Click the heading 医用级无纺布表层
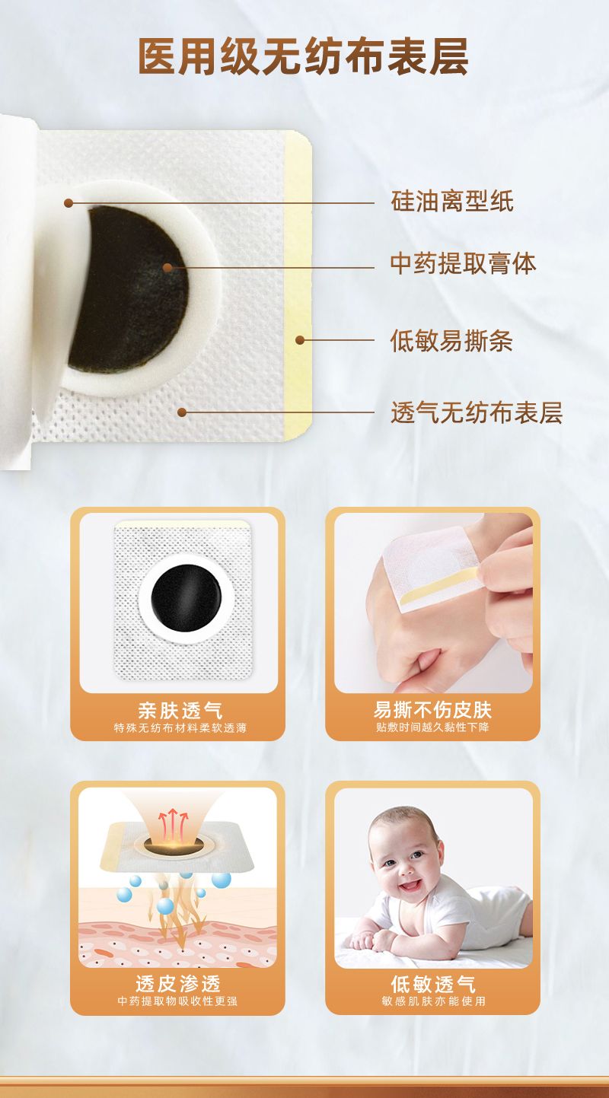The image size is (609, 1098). tap(304, 56)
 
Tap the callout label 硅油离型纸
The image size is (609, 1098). tap(452, 202)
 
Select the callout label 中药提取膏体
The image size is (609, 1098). tap(464, 264)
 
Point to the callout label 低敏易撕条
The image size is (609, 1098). tap(451, 341)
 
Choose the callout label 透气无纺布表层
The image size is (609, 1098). tap(476, 412)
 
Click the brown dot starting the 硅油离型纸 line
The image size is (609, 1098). tap(69, 203)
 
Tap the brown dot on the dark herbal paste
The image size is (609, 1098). tap(167, 268)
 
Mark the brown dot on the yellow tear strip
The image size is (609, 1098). tap(300, 340)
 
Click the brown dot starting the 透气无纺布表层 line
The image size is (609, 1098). tap(182, 412)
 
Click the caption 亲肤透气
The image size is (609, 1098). tap(180, 710)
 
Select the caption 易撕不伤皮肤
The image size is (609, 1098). tap(432, 710)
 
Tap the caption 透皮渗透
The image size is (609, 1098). tap(178, 984)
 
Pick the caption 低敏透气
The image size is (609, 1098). tap(433, 984)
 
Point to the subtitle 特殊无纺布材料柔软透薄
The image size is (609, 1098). tap(180, 728)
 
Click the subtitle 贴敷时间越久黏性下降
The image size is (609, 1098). tap(432, 727)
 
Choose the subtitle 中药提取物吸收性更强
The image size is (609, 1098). tap(177, 1001)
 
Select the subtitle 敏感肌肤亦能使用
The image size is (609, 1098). tap(433, 1001)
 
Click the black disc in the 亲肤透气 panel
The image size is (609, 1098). tap(187, 599)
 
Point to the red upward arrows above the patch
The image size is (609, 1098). tap(173, 825)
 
